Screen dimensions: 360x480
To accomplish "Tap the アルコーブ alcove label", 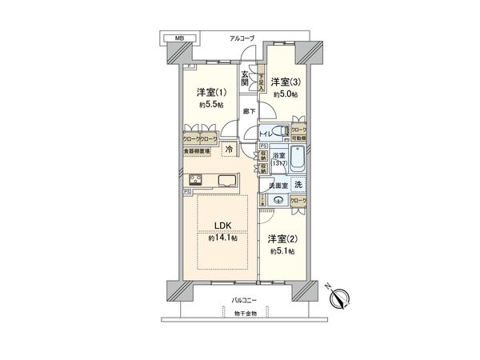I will coord(242,38).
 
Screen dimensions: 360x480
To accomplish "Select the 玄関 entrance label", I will coord(246,79).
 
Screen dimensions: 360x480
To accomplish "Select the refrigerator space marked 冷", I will coord(228,149).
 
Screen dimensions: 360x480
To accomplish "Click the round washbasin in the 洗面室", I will coord(279,201).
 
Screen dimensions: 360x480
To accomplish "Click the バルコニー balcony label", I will coord(245,301).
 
